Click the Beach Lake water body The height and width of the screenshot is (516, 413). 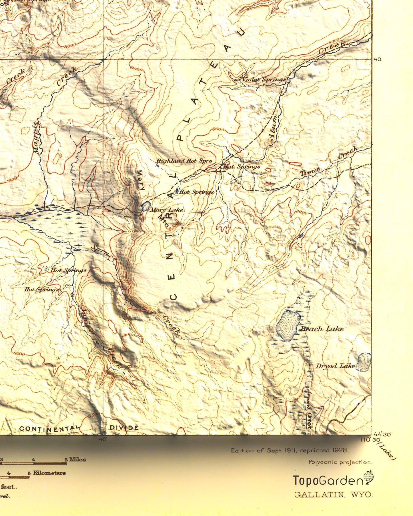point(288,326)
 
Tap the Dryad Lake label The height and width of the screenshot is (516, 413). point(335,366)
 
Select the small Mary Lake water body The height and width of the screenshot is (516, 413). point(146,206)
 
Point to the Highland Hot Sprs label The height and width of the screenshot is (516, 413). point(184,161)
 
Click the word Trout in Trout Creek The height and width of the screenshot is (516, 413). point(310,171)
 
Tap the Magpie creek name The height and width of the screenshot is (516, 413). point(37,138)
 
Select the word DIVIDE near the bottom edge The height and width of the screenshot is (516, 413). point(124,428)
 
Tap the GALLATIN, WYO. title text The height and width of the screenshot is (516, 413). point(334,495)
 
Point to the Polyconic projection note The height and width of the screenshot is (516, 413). point(340,462)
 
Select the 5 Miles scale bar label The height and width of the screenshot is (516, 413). point(75,459)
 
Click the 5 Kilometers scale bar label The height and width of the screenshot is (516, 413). point(47,473)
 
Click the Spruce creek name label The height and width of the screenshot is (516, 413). point(104,253)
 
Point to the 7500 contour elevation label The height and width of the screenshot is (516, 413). point(11,179)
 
